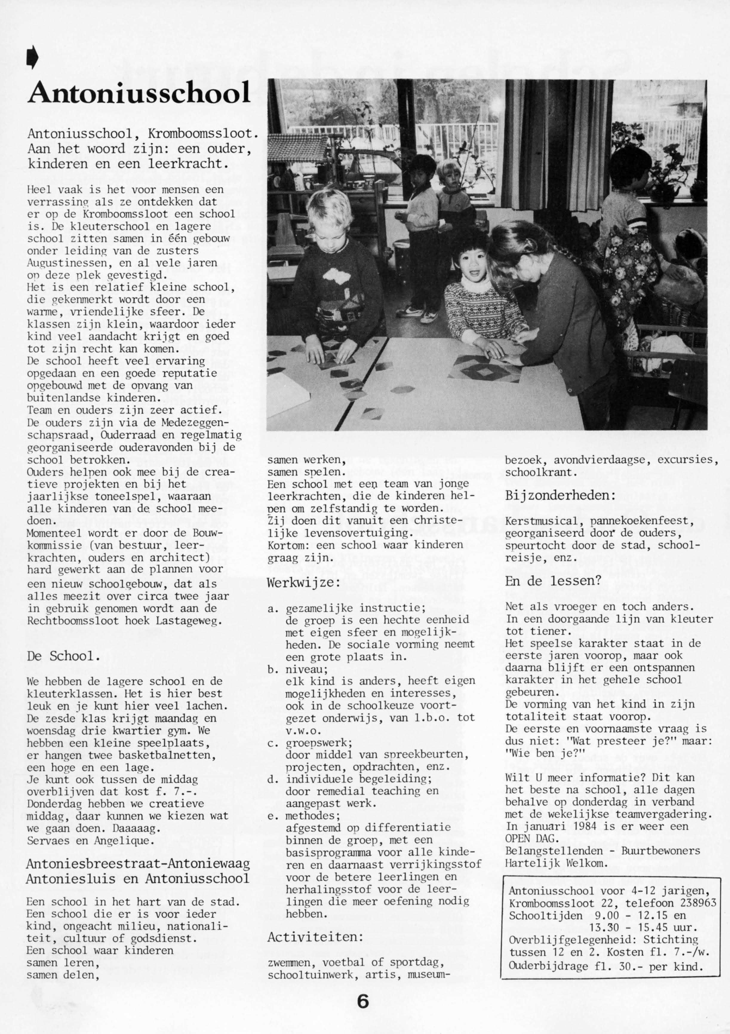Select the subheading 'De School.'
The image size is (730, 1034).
[63, 656]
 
